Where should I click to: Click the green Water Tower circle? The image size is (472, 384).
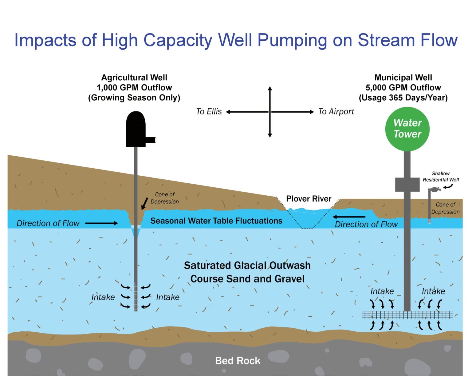tap(407, 129)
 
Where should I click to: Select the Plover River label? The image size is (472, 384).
tap(309, 199)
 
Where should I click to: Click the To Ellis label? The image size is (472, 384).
tap(209, 111)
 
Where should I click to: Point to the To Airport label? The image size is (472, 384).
tap(336, 111)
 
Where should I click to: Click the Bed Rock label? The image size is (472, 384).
tap(238, 361)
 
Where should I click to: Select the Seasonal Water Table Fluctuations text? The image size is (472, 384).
tap(216, 221)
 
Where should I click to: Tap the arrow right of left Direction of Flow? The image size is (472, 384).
tap(101, 223)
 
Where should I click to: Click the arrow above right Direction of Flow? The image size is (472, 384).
tap(349, 217)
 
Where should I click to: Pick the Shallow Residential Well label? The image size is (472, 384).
tap(441, 177)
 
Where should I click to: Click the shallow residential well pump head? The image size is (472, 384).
tap(434, 190)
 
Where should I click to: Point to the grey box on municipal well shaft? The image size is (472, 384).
tap(407, 184)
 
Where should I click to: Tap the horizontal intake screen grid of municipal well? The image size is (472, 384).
tap(407, 315)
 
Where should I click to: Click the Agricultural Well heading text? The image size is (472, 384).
tap(134, 78)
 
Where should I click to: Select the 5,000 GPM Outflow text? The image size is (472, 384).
tap(403, 88)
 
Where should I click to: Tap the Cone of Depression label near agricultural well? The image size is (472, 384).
tap(165, 198)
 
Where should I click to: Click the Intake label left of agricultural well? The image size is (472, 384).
tap(103, 297)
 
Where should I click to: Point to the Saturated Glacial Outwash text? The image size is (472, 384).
tap(247, 265)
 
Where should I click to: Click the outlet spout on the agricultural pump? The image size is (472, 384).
tap(151, 140)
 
